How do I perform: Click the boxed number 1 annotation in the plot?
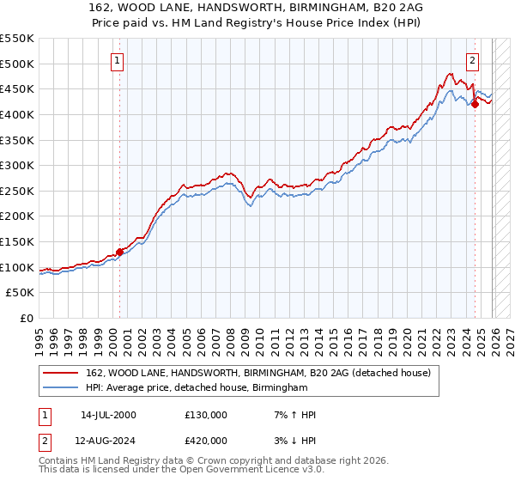coord(118,60)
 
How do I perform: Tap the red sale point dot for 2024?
coord(475,105)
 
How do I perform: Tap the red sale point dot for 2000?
coord(119,252)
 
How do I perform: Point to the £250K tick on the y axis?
coord(18,191)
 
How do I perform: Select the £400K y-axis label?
coord(18,114)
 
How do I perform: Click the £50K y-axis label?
coord(21,293)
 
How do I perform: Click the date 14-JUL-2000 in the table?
coord(107,415)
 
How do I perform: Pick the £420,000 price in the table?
coord(206,441)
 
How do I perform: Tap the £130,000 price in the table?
coord(206,415)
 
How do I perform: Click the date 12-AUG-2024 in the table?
coord(108,441)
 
